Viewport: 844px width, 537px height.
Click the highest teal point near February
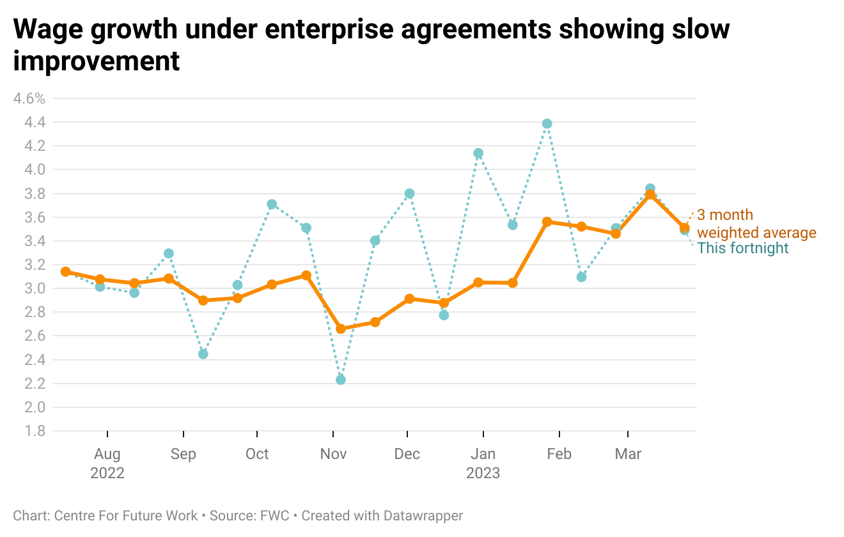click(x=547, y=124)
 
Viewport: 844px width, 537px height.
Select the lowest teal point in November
click(x=341, y=380)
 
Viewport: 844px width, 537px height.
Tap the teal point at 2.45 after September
click(x=203, y=354)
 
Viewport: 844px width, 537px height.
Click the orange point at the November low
click(x=341, y=329)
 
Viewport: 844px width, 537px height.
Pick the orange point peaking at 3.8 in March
click(x=650, y=194)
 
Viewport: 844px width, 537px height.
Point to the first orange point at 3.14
click(x=65, y=272)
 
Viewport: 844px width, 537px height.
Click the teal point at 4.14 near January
click(x=478, y=153)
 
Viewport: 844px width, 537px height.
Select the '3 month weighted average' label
click(x=756, y=224)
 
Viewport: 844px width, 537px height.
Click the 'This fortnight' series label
click(x=743, y=248)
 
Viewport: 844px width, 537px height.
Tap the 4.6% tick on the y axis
click(x=29, y=98)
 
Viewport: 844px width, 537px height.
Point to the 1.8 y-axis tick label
click(x=36, y=431)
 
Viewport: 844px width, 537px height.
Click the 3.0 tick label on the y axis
click(x=36, y=288)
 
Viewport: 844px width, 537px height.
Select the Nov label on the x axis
click(x=333, y=454)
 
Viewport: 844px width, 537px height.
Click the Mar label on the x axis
click(x=628, y=454)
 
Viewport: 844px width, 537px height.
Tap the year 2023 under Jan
click(x=483, y=473)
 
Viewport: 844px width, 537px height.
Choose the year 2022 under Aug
click(x=107, y=473)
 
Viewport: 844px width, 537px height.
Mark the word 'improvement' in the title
click(x=97, y=61)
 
